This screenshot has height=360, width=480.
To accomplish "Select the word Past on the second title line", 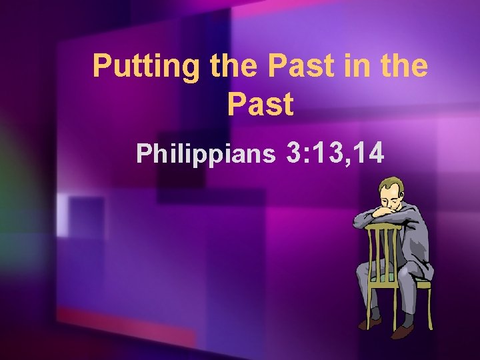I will [260, 105].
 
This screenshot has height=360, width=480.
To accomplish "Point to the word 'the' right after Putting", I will [223, 66].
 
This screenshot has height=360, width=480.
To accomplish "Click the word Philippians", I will [205, 154].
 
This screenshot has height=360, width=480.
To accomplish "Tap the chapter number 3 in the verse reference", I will [294, 153].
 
